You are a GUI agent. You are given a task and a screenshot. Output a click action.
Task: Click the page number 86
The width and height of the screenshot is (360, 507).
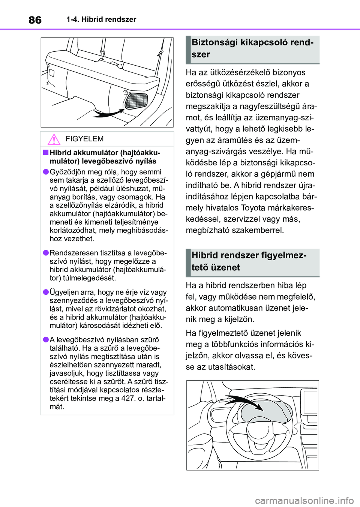click(x=35, y=20)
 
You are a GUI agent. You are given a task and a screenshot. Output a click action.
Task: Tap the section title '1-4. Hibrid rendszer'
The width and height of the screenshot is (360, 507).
click(x=101, y=19)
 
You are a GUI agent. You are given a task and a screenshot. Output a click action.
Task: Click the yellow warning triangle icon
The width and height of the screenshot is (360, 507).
click(x=54, y=139)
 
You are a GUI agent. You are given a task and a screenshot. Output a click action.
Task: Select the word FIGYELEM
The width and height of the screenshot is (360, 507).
click(x=84, y=139)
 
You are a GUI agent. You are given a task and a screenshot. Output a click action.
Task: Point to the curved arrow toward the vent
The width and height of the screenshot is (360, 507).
click(x=108, y=112)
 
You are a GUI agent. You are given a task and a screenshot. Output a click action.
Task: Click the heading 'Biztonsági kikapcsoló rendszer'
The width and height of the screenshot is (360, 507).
click(x=252, y=48)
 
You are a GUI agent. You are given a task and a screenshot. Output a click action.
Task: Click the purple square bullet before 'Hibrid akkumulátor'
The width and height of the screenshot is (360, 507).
click(x=45, y=152)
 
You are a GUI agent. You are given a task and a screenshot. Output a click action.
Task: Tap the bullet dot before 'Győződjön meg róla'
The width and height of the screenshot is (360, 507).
click(x=45, y=172)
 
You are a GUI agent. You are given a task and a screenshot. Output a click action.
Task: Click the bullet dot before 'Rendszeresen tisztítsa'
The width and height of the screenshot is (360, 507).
click(x=45, y=253)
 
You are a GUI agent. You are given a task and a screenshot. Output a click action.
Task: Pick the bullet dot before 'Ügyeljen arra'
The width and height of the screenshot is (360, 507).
click(x=45, y=292)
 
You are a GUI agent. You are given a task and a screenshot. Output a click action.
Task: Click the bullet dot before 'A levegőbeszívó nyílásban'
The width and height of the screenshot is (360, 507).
click(x=45, y=339)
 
